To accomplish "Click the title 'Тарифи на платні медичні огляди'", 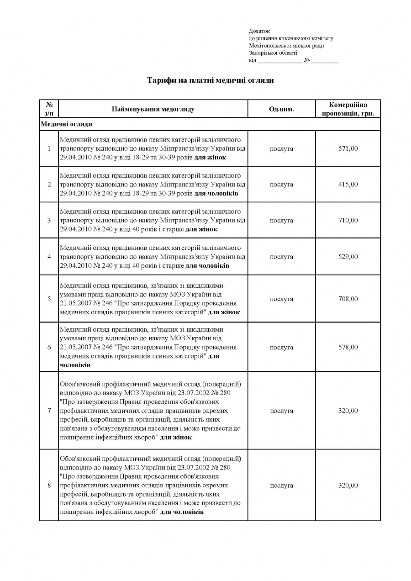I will click(x=211, y=80).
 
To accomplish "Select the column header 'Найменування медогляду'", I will click(x=153, y=109).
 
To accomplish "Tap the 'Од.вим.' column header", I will click(x=281, y=109).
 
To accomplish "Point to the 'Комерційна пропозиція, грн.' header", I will click(x=348, y=109).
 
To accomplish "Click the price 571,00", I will click(x=348, y=148).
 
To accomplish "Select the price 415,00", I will click(x=348, y=185).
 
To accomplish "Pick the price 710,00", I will click(x=348, y=221).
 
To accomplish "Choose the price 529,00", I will click(x=348, y=257).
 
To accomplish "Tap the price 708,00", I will click(x=348, y=299).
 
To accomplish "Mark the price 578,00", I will click(x=348, y=348).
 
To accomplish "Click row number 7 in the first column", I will click(x=49, y=411).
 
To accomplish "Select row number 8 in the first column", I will click(x=49, y=486).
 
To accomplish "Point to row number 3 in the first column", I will click(x=49, y=221).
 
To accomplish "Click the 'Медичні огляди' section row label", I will click(x=67, y=124).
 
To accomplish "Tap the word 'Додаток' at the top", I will click(x=259, y=31).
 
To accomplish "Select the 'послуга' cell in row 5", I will click(x=281, y=299).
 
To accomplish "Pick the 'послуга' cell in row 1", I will click(x=281, y=148).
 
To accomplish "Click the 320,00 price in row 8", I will click(x=348, y=486).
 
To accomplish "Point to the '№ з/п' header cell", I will click(x=49, y=109).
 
